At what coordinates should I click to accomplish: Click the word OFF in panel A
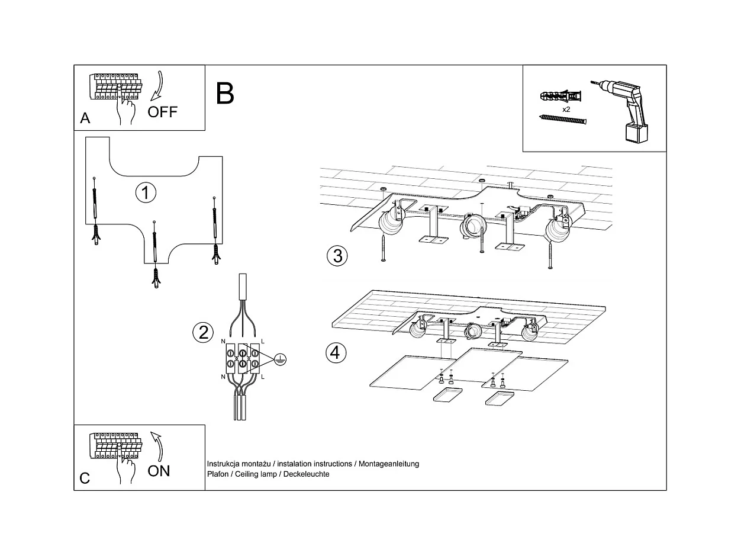[x=163, y=112]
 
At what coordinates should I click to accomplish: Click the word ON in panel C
[x=159, y=471]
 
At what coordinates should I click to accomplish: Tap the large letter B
[x=225, y=94]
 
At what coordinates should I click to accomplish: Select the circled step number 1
[x=146, y=192]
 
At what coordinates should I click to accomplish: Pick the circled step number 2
[x=203, y=333]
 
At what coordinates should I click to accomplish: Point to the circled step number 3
[x=337, y=256]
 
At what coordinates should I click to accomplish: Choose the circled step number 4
[x=336, y=353]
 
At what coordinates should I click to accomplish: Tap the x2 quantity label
[x=566, y=110]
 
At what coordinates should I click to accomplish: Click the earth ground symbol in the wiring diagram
[x=281, y=358]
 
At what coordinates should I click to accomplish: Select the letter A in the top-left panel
[x=85, y=118]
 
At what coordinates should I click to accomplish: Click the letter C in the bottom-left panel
[x=85, y=478]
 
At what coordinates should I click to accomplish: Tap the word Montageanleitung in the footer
[x=391, y=464]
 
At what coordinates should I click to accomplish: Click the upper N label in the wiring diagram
[x=223, y=342]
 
